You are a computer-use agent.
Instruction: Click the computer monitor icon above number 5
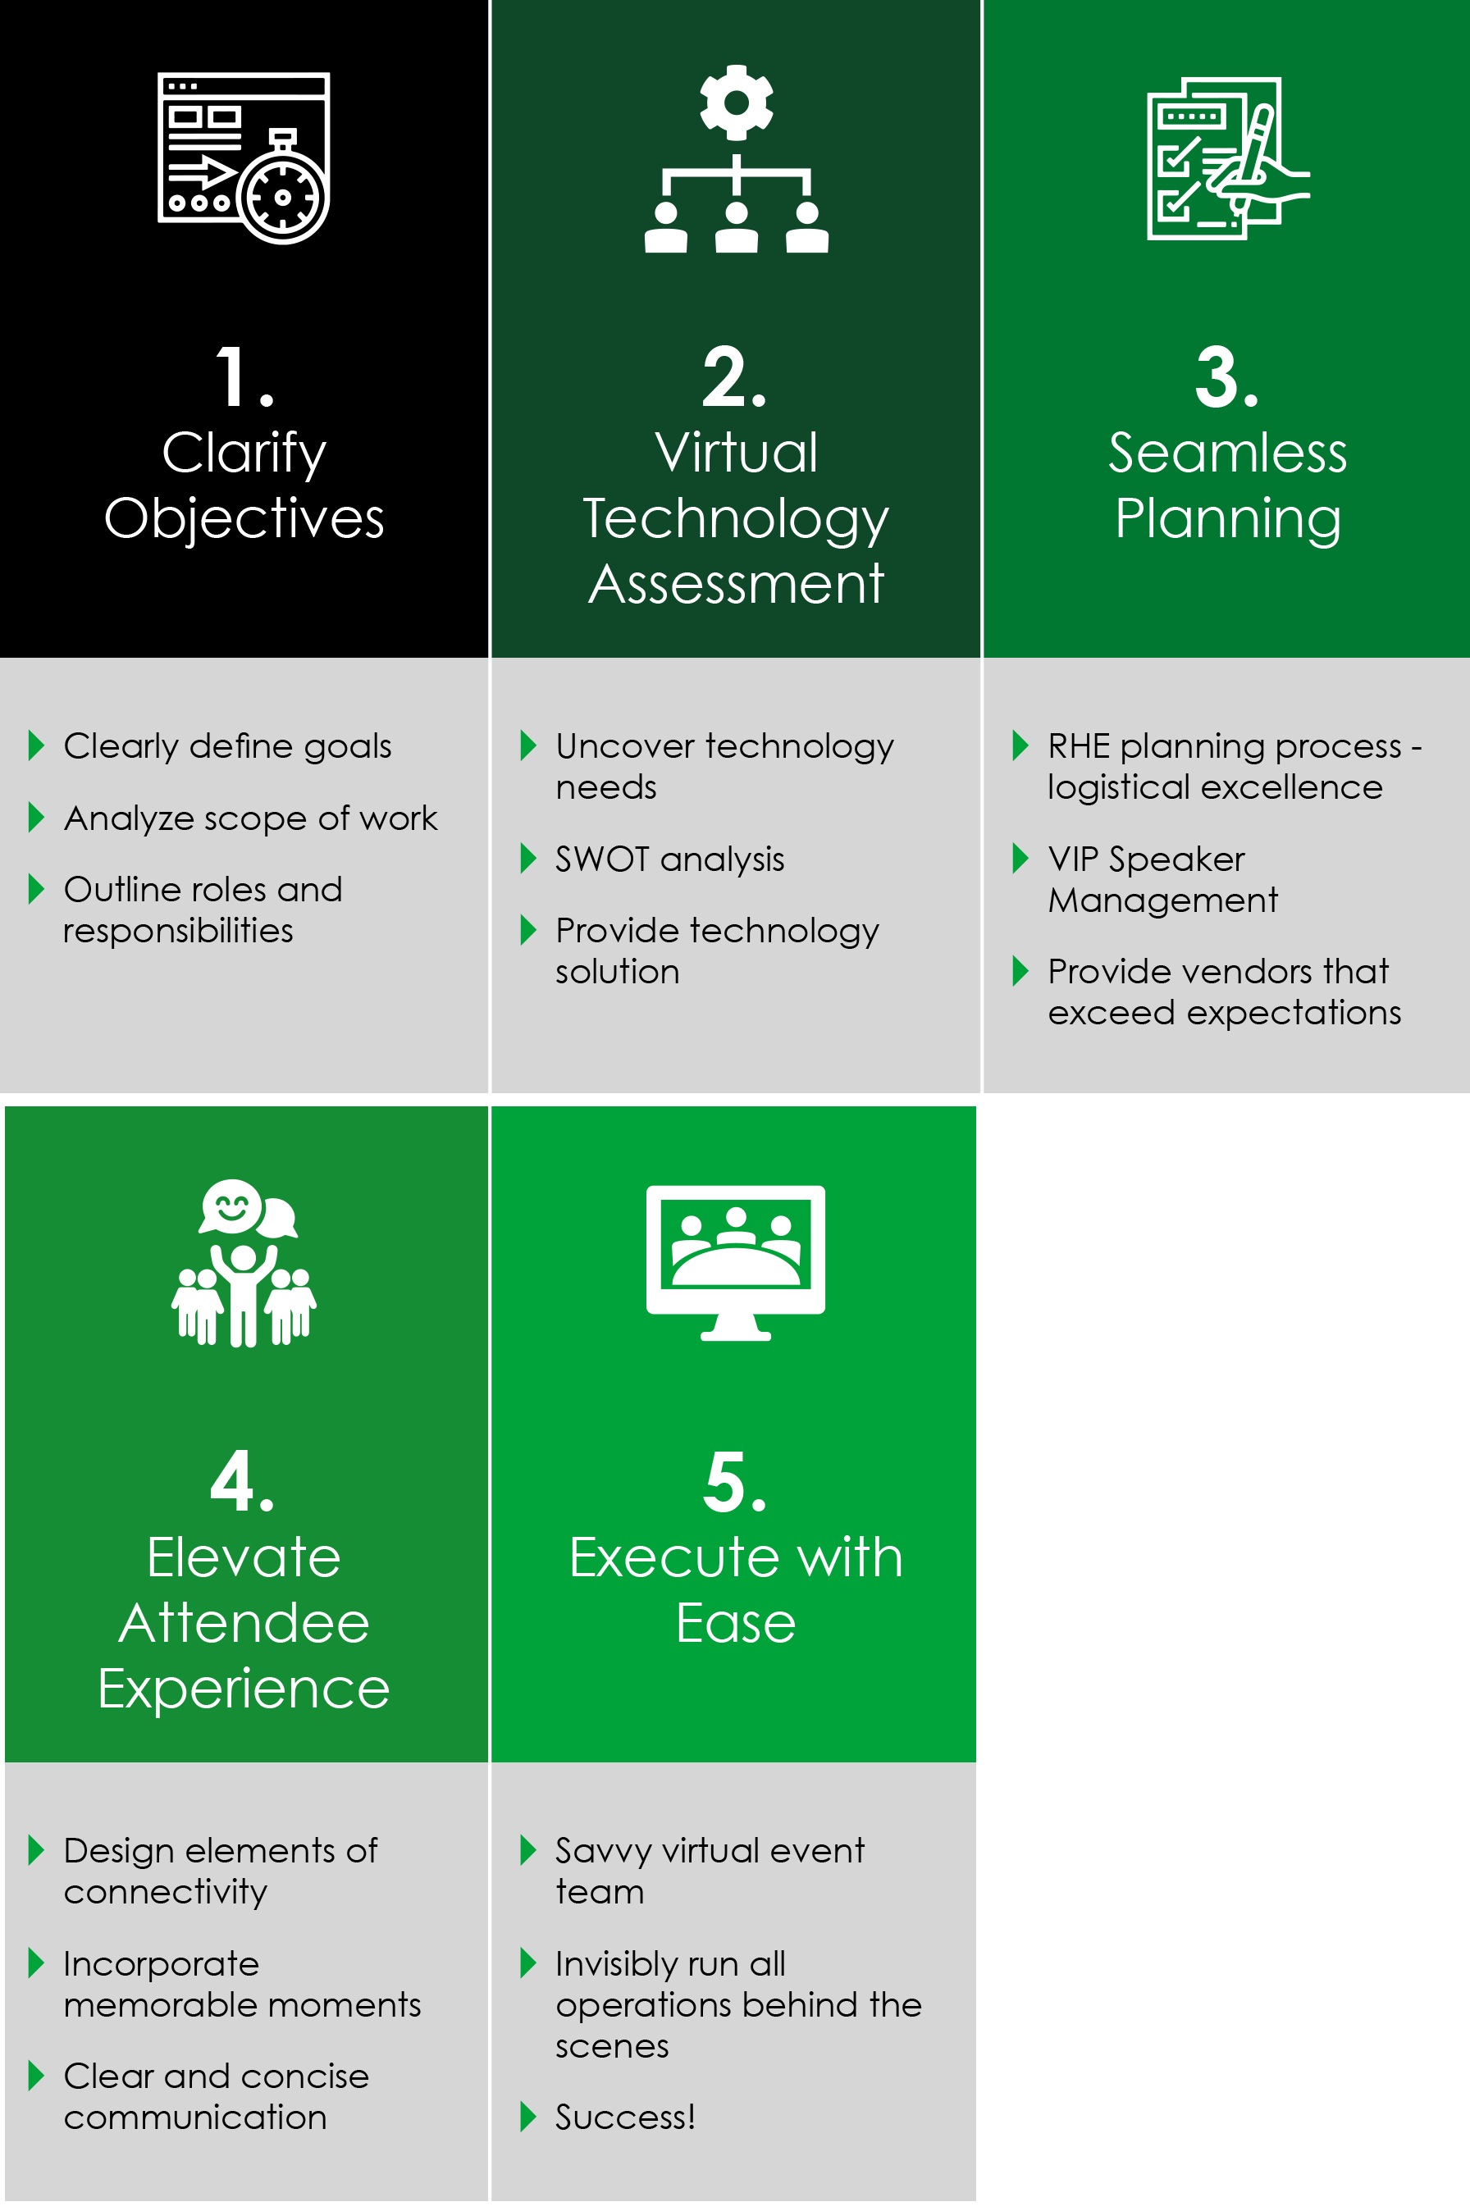click(736, 1261)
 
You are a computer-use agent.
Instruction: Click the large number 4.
click(242, 1481)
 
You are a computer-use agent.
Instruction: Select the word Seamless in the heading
click(1227, 453)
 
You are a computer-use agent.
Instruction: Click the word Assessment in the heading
click(736, 584)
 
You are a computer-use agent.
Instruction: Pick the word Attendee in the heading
click(244, 1623)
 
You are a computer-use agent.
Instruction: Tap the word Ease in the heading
click(736, 1623)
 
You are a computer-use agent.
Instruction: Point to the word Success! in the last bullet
click(625, 2117)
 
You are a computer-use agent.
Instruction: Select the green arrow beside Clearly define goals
click(37, 745)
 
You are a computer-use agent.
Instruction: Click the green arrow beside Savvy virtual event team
click(527, 1850)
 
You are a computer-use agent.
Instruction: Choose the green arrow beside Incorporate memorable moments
click(37, 1963)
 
